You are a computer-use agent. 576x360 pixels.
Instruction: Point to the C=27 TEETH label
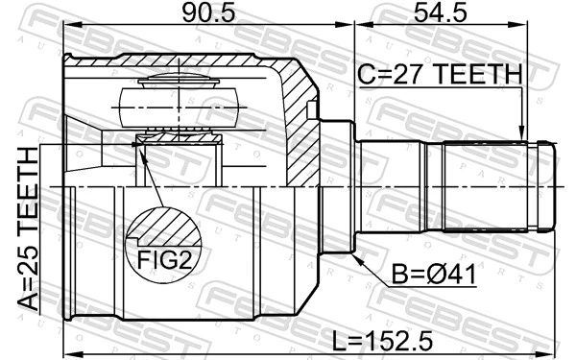pos(440,75)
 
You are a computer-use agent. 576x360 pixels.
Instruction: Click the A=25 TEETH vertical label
pos(31,231)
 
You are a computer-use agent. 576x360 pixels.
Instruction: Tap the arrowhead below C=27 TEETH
pos(521,133)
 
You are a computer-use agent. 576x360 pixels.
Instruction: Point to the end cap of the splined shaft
pos(545,186)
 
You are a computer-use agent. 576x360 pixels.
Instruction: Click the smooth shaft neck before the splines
pos(398,186)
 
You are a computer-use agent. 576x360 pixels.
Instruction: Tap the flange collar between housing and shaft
pos(337,186)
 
